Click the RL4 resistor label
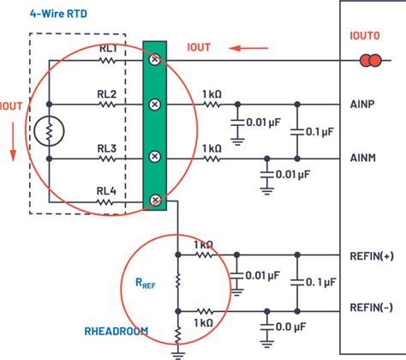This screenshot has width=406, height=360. [x=106, y=191]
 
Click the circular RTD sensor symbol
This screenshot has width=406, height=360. [x=49, y=131]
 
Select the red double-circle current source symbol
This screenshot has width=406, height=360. [x=369, y=60]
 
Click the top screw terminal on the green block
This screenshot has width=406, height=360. [x=155, y=60]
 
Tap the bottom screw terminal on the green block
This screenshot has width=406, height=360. [x=155, y=201]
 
